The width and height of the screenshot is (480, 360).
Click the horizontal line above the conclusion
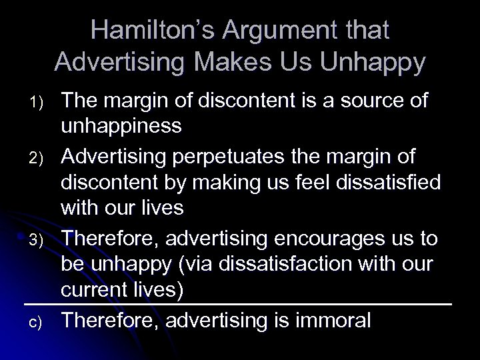point(239,305)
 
